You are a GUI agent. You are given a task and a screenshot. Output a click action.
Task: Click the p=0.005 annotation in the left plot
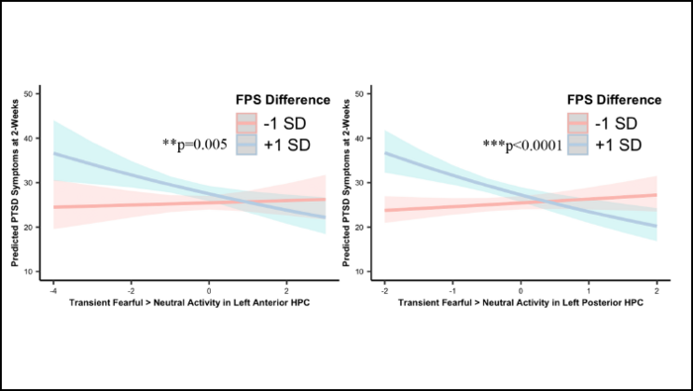click(195, 145)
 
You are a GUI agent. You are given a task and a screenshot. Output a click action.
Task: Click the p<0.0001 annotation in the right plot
click(523, 145)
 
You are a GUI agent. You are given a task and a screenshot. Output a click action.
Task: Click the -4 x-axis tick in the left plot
click(53, 291)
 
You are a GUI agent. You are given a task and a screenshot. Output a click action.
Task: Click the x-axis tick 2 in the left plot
click(286, 291)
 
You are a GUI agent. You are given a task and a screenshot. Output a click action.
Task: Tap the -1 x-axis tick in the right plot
click(453, 291)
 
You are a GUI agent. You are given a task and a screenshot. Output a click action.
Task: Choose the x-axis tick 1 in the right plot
click(588, 291)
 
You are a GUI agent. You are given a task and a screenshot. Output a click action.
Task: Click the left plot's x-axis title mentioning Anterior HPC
click(189, 303)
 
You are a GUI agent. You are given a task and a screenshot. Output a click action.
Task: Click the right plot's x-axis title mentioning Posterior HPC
click(521, 303)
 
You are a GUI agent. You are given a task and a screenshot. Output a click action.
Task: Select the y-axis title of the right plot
click(350, 184)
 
